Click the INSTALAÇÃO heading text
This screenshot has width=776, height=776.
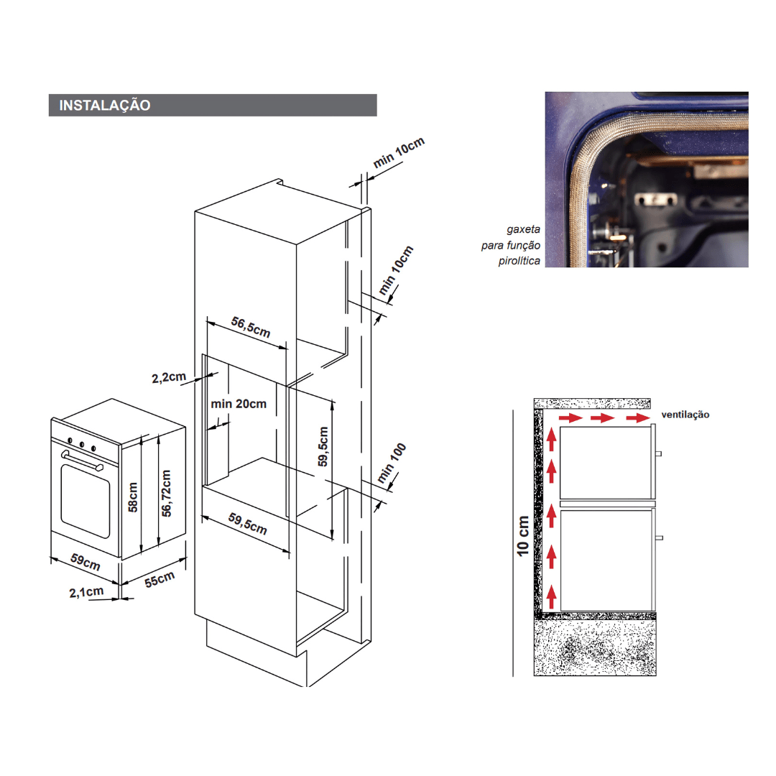pos(104,105)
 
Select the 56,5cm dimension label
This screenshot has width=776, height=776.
pos(251,327)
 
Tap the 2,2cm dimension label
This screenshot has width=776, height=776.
pos(169,377)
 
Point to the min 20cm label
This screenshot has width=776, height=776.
pos(239,404)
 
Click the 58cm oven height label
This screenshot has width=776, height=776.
pos(133,497)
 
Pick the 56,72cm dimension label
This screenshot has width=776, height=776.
pos(166,494)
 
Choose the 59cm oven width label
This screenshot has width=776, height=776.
pos(85,562)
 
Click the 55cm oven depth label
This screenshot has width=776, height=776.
pos(160,579)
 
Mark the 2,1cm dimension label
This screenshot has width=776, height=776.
pos(86,592)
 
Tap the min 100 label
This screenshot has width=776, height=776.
pos(392,463)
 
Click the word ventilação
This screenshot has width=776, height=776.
pos(685,415)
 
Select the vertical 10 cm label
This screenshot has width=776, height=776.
pos(522,535)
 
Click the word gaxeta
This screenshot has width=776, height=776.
pos(523,229)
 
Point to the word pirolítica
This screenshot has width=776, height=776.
pos(519,261)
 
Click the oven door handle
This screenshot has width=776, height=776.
pos(82,461)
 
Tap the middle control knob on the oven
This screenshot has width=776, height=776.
pos(81,444)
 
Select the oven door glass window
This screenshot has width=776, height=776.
pos(85,501)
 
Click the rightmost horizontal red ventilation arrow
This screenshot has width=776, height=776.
pos(638,418)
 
